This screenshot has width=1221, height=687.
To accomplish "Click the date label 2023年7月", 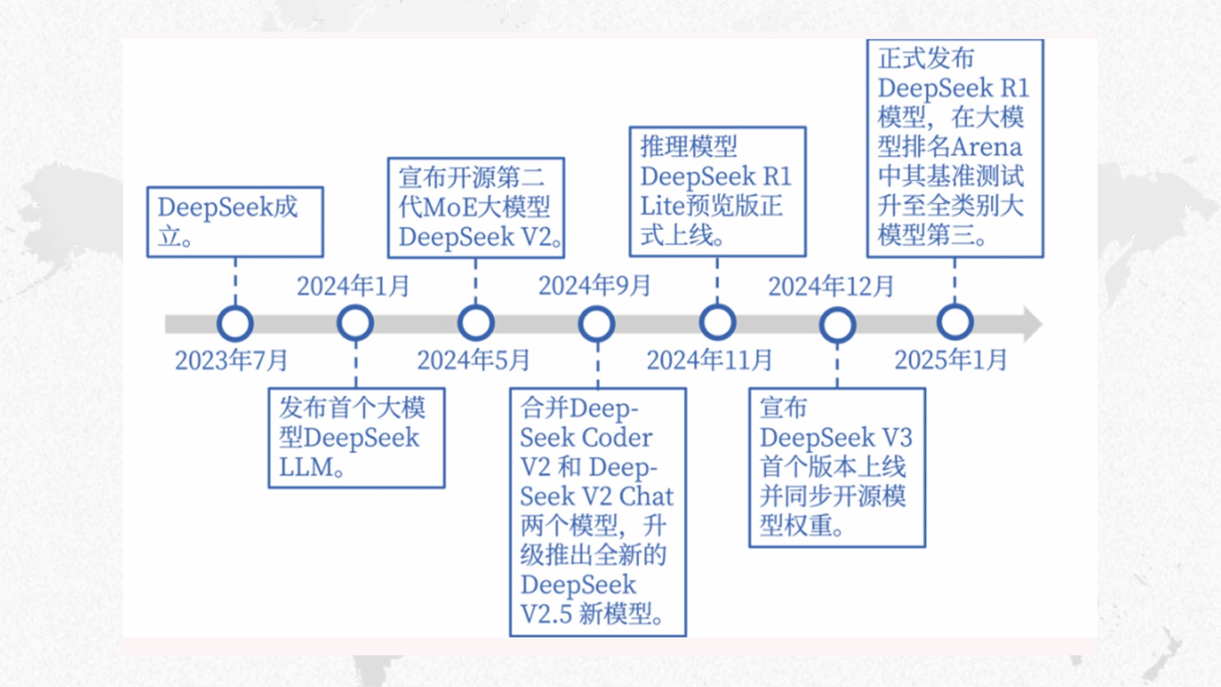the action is point(231,360).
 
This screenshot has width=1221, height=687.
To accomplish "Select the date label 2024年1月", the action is point(353,286).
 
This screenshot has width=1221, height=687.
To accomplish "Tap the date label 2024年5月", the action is point(473,360).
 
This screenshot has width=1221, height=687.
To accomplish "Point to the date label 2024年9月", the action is point(594,286).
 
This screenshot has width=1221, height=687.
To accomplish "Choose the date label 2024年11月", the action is point(709,360).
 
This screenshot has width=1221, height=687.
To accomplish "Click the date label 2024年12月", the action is point(831,286).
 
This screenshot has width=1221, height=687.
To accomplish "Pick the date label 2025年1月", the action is point(951,360).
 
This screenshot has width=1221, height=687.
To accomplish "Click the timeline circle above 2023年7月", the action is point(235,323).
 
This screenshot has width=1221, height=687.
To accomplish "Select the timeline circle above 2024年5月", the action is point(476,323).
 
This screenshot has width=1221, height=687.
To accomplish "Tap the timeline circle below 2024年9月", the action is point(597,324).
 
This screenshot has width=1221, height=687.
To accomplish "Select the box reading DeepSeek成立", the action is point(235,222).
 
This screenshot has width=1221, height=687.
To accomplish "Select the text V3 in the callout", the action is point(897,438).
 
